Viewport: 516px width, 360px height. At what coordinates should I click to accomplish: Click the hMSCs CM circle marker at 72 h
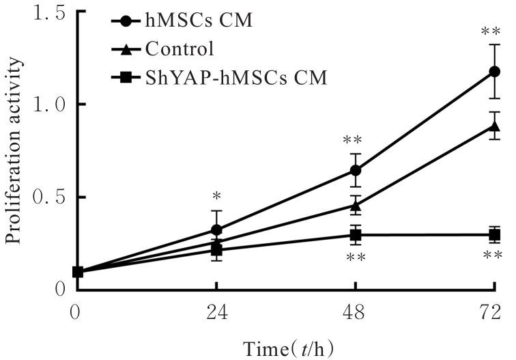click(495, 72)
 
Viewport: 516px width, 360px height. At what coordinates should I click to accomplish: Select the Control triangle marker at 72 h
click(495, 126)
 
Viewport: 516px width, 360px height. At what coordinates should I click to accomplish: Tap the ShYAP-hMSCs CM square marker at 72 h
click(495, 235)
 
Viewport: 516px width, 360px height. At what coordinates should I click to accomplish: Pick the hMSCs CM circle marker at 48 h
click(356, 170)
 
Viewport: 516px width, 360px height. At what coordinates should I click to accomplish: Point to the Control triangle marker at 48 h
click(356, 204)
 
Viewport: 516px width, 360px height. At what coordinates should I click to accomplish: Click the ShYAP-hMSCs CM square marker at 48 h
click(356, 235)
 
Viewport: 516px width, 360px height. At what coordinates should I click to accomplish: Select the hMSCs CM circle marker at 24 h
click(216, 230)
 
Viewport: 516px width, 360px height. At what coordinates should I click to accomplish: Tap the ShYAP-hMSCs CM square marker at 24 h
click(216, 250)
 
